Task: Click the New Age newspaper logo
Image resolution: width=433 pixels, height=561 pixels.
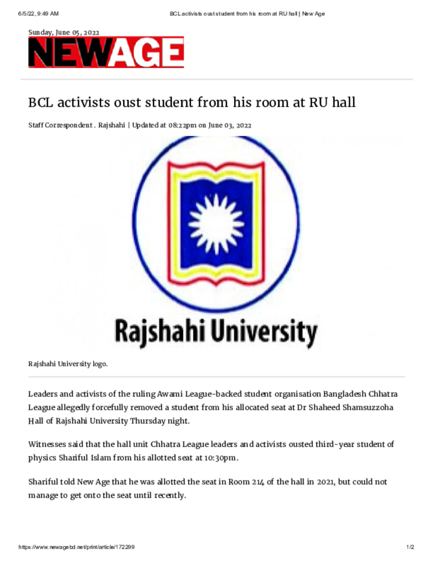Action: [106, 53]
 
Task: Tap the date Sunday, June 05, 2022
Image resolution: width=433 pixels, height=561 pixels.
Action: [63, 32]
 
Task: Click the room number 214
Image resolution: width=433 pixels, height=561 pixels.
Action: [255, 482]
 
